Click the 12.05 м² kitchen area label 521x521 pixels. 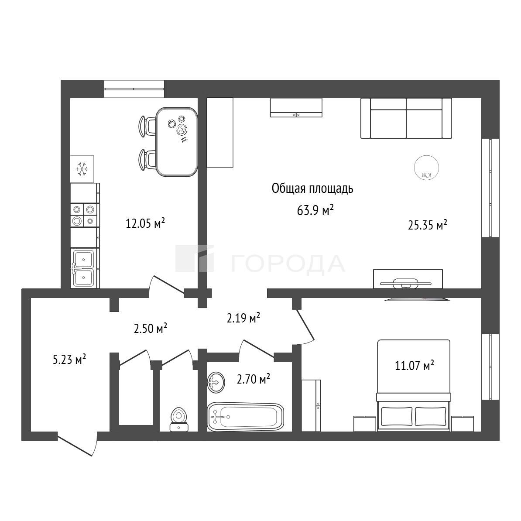click(x=145, y=223)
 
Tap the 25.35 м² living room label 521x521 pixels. click(x=427, y=225)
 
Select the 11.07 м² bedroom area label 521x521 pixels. click(x=415, y=366)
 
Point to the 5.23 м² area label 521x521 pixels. click(x=69, y=359)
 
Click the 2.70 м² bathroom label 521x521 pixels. click(x=253, y=379)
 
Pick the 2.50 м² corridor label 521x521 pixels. click(x=150, y=328)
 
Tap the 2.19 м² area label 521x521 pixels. click(x=243, y=318)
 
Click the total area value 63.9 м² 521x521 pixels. click(x=315, y=210)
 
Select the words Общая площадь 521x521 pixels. click(x=312, y=189)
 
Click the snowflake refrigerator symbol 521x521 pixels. click(x=82, y=169)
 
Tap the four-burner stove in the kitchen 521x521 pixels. click(x=85, y=215)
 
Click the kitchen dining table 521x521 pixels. click(x=177, y=141)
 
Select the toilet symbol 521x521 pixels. click(x=179, y=419)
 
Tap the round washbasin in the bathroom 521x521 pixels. click(x=216, y=382)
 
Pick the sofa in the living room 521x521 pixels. click(x=406, y=118)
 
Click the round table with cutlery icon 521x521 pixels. click(x=426, y=168)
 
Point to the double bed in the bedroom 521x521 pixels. click(x=414, y=385)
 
